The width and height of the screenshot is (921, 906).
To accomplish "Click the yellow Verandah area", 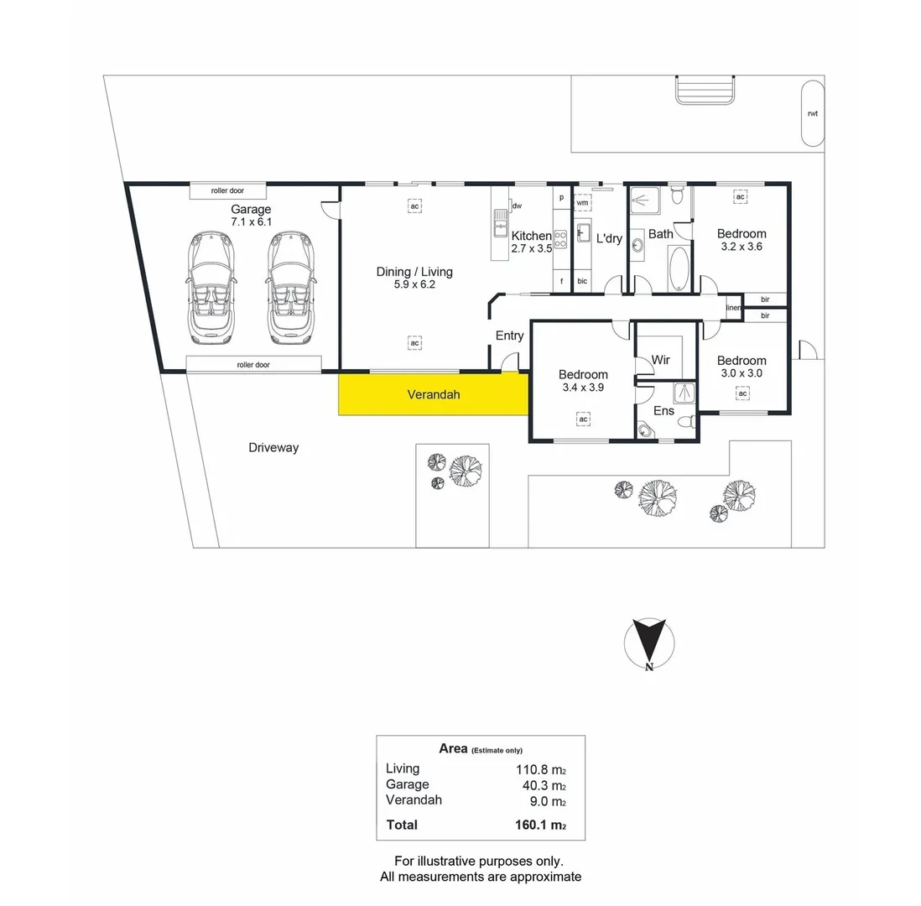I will pos(433,394).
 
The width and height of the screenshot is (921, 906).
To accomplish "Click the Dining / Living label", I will pos(414,272).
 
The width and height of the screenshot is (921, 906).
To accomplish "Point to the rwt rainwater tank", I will pos(812,113).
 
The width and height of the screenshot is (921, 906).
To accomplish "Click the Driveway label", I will pos(273,448).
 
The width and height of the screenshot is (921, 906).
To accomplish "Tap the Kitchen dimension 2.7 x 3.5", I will pos(532,249).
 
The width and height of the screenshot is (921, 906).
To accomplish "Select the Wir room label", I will pos(661,360).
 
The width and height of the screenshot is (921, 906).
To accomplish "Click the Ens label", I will pos(663,411).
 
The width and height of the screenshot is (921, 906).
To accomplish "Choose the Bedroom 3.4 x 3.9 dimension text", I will pos(583,388).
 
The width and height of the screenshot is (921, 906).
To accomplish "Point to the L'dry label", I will pos(609,238).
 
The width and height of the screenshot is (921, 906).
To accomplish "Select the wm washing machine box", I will pos(582,203).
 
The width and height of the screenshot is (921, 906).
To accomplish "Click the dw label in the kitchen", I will pos(517,206).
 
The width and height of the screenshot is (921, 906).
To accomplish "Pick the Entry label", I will pos(509,336).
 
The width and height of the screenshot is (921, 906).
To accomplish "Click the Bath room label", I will pos(660,234).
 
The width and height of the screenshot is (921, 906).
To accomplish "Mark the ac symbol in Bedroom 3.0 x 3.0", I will pos(742,393).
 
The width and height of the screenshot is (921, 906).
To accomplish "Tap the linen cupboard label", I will pos(733,307).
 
